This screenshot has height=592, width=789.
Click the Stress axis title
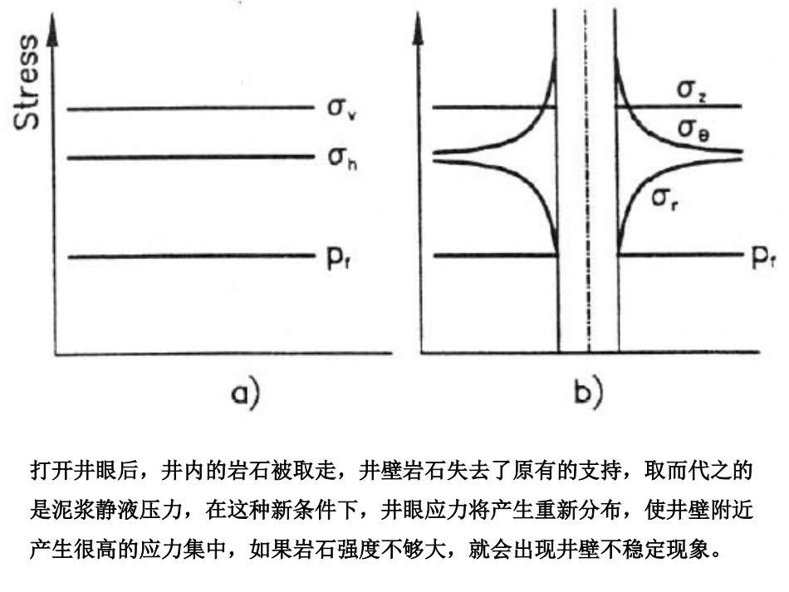click(x=27, y=81)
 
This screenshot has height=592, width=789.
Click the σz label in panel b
click(x=693, y=91)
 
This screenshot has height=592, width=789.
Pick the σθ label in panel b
click(x=693, y=130)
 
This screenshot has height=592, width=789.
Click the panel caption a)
click(x=243, y=392)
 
